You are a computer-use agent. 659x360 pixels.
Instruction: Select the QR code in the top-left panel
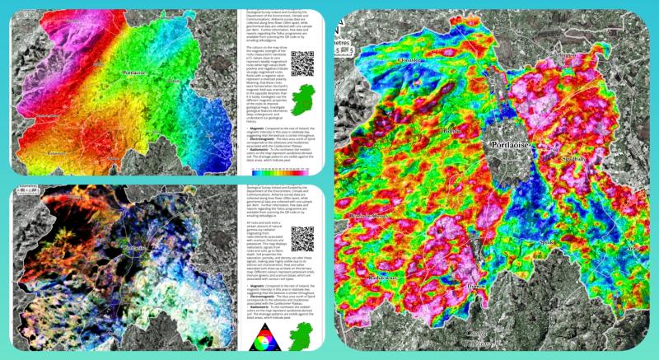point(302,63)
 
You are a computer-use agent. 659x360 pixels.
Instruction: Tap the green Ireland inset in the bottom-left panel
point(301,334)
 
